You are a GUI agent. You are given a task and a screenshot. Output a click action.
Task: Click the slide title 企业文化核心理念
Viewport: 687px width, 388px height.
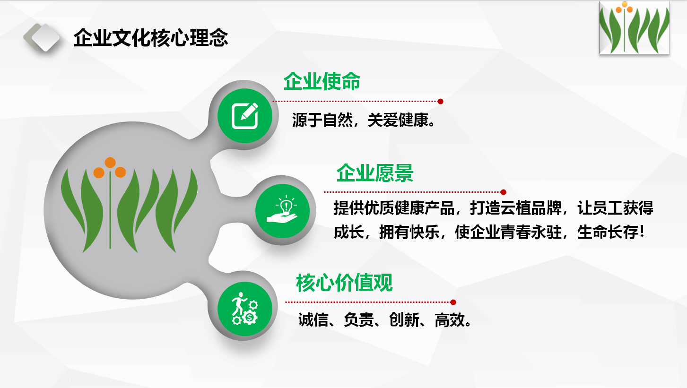[150, 38]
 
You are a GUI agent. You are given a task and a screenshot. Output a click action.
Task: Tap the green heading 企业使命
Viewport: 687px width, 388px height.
[322, 81]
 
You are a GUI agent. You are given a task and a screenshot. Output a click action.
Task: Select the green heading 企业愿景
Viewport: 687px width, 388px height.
[375, 173]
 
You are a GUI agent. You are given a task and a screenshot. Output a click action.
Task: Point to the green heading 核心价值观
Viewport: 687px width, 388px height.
[344, 283]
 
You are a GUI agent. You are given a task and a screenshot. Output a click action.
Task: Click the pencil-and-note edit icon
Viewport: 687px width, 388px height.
[245, 116]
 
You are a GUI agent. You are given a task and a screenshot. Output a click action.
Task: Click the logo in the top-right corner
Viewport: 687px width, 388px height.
[634, 28]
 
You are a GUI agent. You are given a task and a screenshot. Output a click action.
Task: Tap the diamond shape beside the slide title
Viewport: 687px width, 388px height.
[45, 37]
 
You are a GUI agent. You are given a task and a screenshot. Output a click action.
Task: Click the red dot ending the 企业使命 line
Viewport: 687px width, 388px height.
[440, 102]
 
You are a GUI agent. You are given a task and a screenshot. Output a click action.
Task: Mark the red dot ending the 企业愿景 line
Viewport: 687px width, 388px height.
[503, 192]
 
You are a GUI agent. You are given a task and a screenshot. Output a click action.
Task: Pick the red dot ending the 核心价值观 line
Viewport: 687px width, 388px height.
[453, 302]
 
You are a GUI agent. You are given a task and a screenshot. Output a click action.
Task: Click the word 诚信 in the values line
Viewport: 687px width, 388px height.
[313, 320]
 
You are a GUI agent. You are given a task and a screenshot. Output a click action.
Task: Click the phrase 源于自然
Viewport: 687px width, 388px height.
[322, 120]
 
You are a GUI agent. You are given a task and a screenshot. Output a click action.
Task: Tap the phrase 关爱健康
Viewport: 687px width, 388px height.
[398, 120]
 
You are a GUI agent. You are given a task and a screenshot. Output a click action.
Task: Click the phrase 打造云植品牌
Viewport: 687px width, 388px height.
[515, 208]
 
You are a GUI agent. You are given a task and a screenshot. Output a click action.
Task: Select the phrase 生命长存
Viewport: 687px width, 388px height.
[607, 232]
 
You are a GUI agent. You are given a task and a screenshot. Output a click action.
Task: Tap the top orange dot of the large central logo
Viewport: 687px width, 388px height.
[110, 163]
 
